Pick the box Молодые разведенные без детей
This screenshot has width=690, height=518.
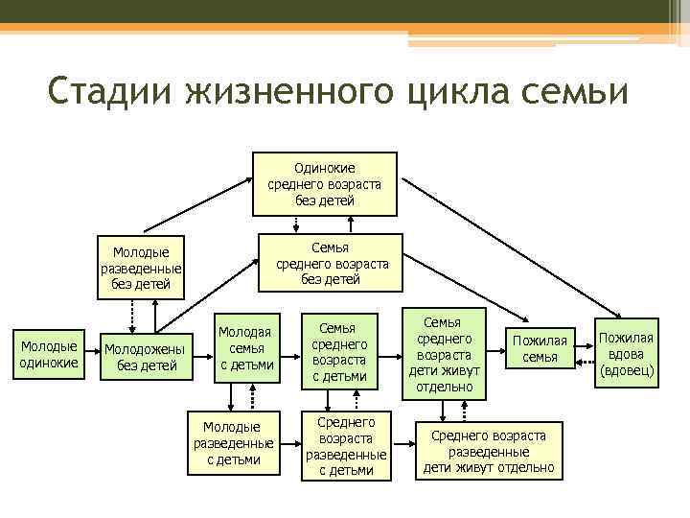tap(141, 268)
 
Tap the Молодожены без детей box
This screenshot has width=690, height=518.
tap(149, 357)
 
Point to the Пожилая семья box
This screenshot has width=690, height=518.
tap(540, 349)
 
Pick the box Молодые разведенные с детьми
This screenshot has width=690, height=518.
tap(233, 442)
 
